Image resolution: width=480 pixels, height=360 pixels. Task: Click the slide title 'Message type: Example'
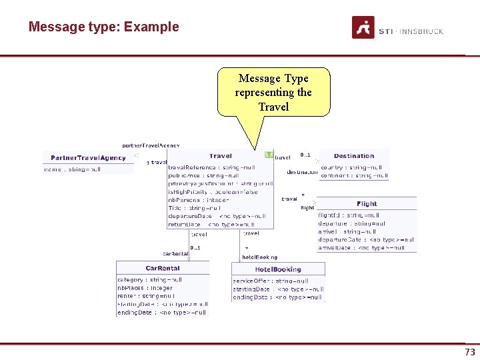(103, 27)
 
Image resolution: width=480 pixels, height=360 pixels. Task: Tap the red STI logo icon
(363, 27)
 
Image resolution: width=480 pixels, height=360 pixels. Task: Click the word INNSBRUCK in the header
(422, 31)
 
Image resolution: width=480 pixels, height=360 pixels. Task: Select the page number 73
(469, 351)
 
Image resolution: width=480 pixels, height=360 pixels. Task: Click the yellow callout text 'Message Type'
(273, 79)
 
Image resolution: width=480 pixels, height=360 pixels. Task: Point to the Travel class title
(220, 156)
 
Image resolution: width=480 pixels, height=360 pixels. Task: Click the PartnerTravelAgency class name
(89, 158)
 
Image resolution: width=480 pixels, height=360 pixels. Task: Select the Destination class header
(353, 156)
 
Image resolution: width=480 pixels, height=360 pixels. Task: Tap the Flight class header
(367, 203)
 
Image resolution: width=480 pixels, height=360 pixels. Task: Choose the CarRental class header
(163, 269)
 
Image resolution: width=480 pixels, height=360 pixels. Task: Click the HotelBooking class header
(278, 269)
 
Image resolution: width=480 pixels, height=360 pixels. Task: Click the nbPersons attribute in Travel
(199, 200)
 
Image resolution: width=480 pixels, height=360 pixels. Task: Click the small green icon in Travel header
(269, 155)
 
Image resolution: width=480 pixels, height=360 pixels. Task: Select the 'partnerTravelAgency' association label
(151, 145)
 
